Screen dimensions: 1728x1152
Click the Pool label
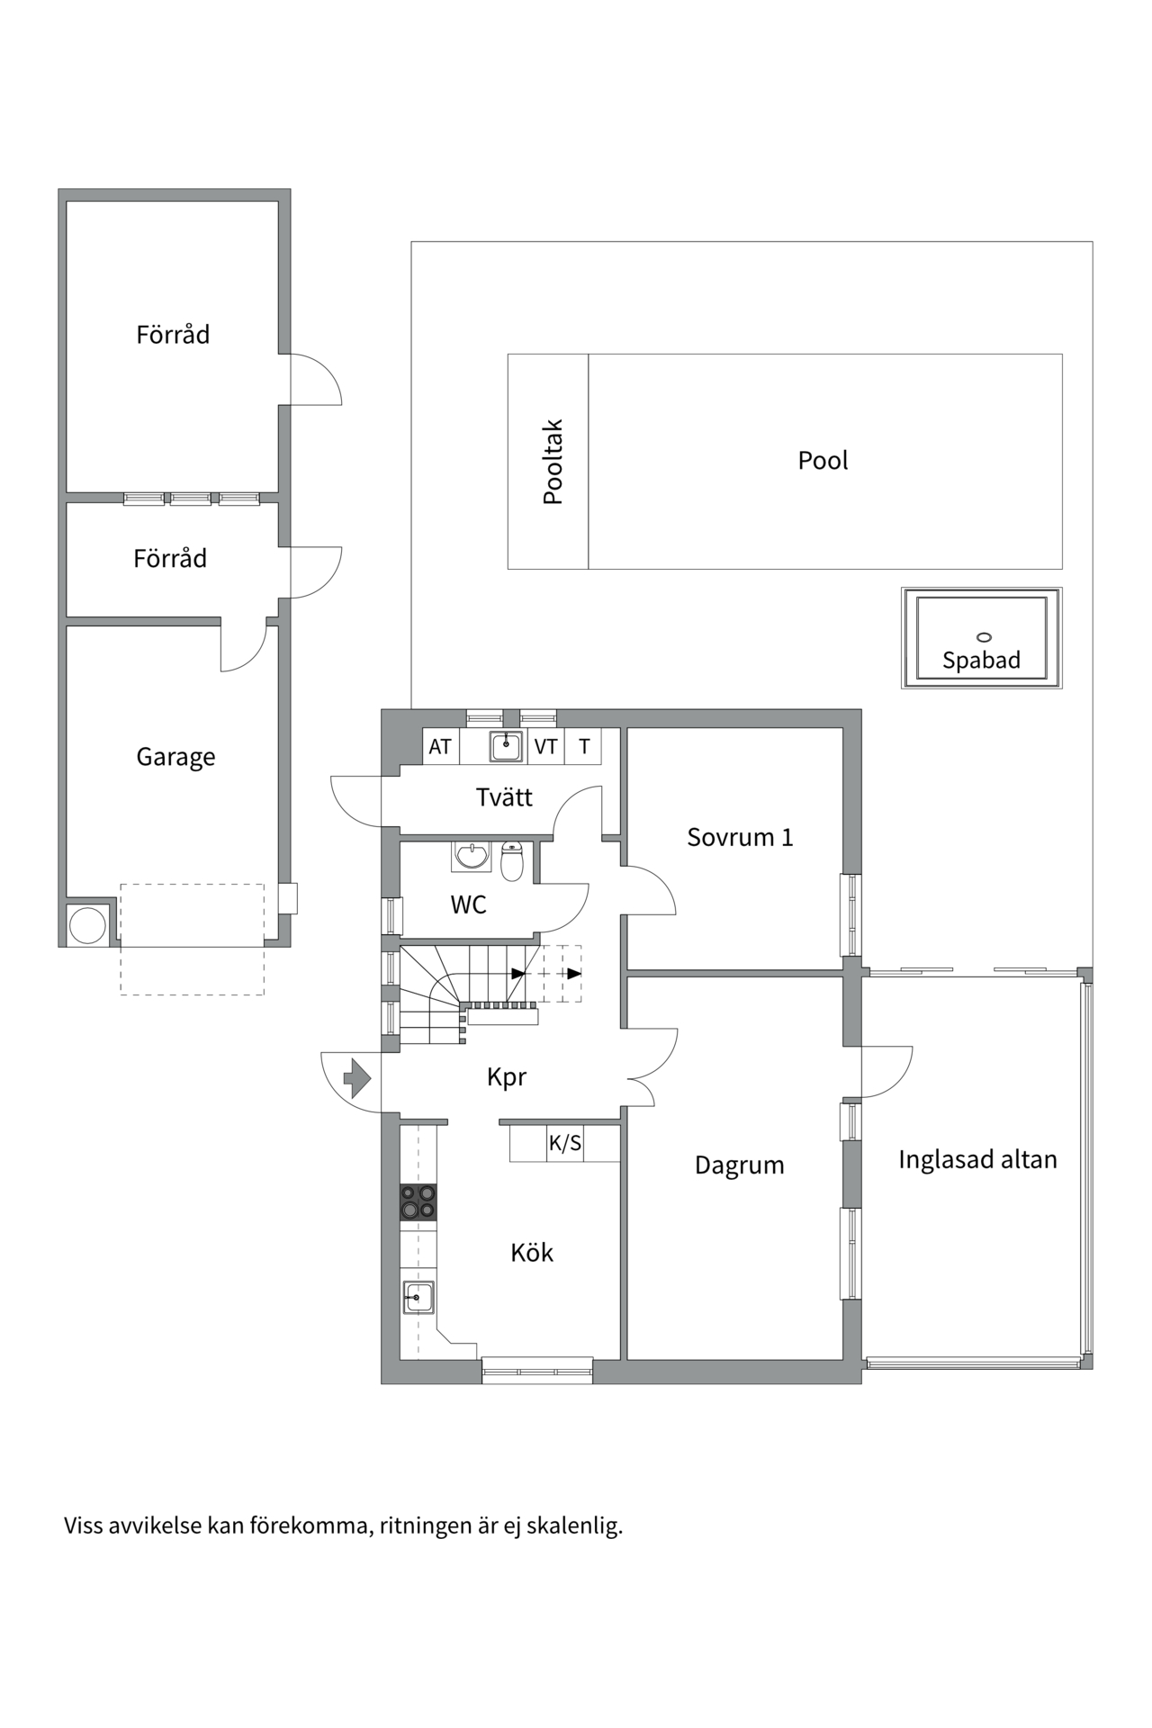point(823,461)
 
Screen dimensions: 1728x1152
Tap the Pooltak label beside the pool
point(553,462)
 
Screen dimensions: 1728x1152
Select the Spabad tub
point(981,638)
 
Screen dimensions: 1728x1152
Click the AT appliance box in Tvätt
point(440,747)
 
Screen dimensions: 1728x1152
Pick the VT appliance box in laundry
point(545,747)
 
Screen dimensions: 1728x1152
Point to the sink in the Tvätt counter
point(506,746)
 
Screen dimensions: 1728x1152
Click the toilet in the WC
point(512,861)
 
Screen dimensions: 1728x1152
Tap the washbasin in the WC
point(471,855)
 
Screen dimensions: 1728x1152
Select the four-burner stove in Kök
point(418,1202)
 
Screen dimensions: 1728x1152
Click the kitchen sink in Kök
point(418,1298)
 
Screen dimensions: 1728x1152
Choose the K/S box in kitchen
point(565,1144)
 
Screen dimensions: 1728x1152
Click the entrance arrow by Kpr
point(357,1077)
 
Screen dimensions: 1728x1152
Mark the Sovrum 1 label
point(740,838)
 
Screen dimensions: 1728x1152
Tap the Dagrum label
point(740,1165)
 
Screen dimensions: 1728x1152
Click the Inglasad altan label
point(977,1160)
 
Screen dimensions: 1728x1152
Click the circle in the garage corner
point(88,925)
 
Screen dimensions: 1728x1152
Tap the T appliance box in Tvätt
point(584,747)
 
